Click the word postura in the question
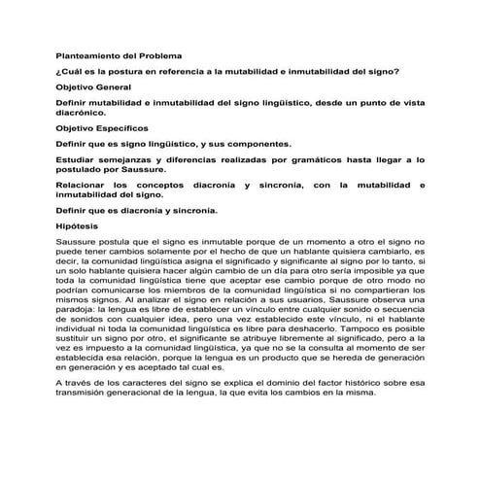tap(144, 72)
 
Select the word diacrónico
tap(84, 113)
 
